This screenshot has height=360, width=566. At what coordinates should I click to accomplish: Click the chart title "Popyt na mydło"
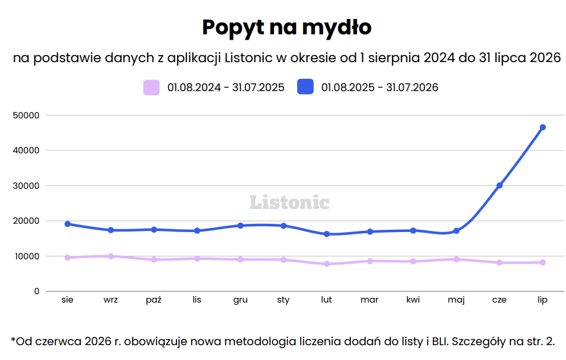pyautogui.click(x=287, y=27)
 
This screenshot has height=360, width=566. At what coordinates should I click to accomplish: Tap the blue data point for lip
pyautogui.click(x=542, y=127)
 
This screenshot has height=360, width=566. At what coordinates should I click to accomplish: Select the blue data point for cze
pyautogui.click(x=500, y=185)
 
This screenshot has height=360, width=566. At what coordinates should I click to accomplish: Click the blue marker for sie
pyautogui.click(x=67, y=224)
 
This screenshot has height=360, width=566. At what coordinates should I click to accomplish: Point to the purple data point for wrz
pyautogui.click(x=111, y=256)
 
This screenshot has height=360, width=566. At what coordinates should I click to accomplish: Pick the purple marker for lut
pyautogui.click(x=327, y=264)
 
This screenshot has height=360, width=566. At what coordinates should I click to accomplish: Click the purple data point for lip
pyautogui.click(x=542, y=262)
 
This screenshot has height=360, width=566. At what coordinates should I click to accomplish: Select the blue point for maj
pyautogui.click(x=456, y=231)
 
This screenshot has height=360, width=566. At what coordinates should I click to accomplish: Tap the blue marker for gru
pyautogui.click(x=240, y=226)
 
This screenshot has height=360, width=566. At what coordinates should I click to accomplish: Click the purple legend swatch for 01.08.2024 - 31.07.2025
pyautogui.click(x=151, y=88)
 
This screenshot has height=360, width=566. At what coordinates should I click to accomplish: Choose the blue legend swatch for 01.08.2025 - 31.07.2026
pyautogui.click(x=305, y=87)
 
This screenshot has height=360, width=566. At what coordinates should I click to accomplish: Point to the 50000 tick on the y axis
pyautogui.click(x=26, y=115)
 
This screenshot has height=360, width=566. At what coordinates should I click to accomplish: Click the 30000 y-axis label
pyautogui.click(x=26, y=186)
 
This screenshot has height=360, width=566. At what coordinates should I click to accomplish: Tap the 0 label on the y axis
pyautogui.click(x=37, y=291)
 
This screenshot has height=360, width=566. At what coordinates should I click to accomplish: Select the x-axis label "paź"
pyautogui.click(x=154, y=300)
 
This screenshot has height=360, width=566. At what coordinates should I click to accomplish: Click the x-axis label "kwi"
pyautogui.click(x=413, y=300)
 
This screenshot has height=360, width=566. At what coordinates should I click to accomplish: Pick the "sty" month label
pyautogui.click(x=284, y=300)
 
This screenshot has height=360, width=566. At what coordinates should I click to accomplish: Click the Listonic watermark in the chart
pyautogui.click(x=290, y=202)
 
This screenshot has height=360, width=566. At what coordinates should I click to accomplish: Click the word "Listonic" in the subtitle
pyautogui.click(x=248, y=58)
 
